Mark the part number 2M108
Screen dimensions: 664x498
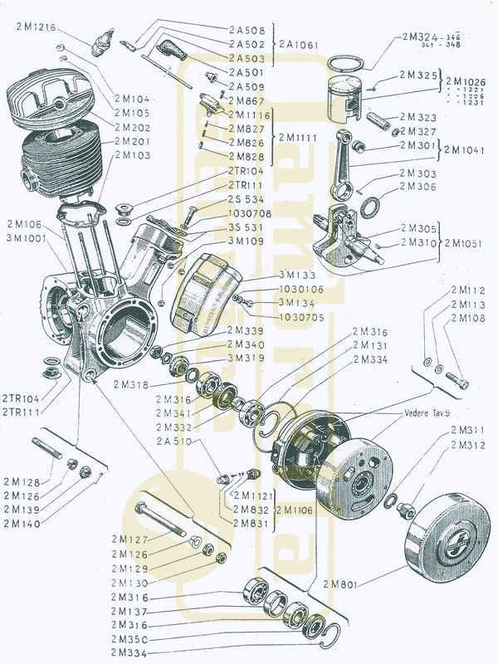(469, 318)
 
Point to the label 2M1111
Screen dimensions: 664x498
(297, 136)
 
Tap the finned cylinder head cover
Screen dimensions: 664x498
(49, 99)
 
